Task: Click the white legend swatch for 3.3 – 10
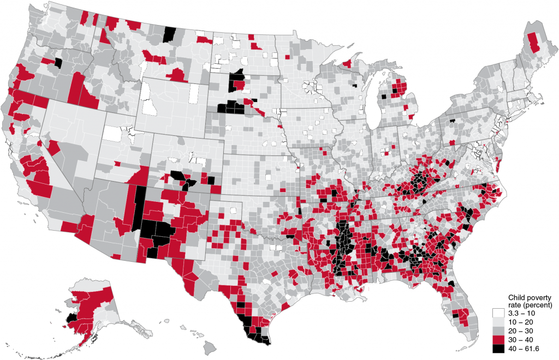[x=497, y=313]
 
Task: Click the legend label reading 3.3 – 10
[x=521, y=313]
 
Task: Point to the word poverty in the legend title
[x=537, y=295]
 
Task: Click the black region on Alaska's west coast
[x=71, y=317]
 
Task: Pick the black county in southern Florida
[x=455, y=316]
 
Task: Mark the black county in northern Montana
[x=170, y=34]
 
